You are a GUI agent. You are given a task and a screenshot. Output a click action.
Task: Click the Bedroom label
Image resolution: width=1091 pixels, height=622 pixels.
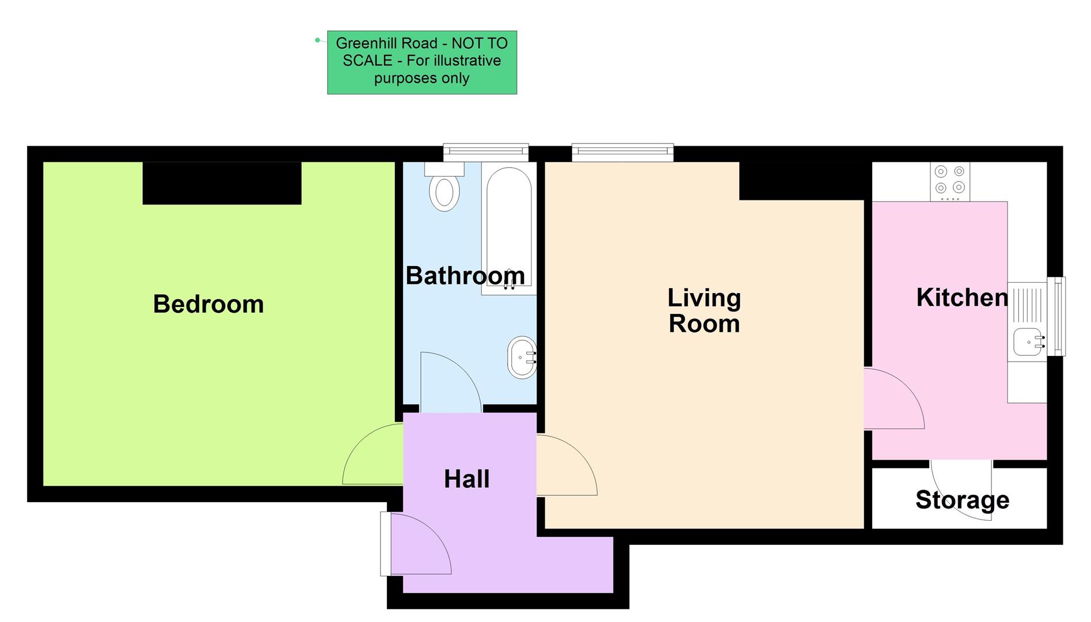tap(208, 304)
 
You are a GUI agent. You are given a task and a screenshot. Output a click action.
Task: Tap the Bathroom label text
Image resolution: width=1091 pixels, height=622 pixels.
tap(465, 276)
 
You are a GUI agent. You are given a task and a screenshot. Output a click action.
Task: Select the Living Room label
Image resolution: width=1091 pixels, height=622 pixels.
tap(704, 311)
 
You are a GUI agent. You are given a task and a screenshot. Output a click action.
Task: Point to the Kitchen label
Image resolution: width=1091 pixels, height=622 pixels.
tap(961, 298)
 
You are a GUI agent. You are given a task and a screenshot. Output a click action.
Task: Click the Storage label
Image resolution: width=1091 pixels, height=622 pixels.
tap(961, 500)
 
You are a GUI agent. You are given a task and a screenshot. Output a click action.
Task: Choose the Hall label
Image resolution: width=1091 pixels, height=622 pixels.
tap(466, 479)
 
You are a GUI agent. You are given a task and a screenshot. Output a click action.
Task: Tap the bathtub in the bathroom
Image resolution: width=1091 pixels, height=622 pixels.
tap(509, 230)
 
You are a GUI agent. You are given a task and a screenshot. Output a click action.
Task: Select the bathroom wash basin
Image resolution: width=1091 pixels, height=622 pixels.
tap(522, 358)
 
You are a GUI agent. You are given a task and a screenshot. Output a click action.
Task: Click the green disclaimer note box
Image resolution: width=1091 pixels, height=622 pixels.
tap(421, 62)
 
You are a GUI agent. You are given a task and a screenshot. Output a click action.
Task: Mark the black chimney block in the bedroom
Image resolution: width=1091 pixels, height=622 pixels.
tap(222, 183)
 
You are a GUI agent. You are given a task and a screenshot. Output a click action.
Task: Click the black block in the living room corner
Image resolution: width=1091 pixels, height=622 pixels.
tap(801, 181)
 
